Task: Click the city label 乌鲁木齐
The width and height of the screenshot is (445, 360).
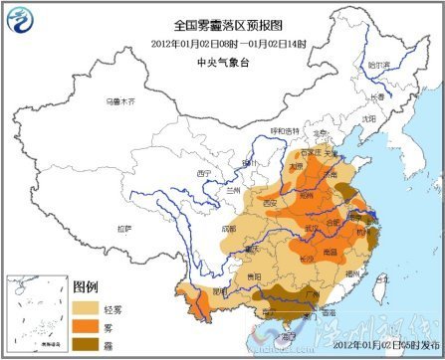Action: (x=118, y=101)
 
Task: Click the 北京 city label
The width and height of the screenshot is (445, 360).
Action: (x=320, y=131)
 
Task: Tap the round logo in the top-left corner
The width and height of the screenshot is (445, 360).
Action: (x=22, y=21)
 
